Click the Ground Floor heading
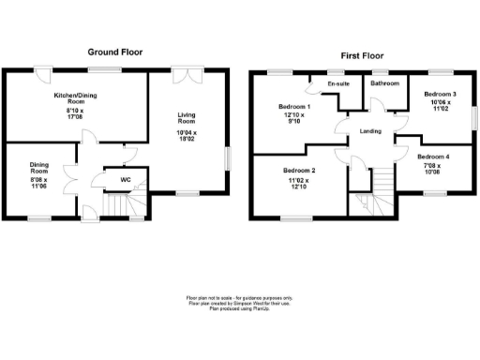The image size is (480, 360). click(x=115, y=52)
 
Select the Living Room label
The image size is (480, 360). click(x=187, y=118)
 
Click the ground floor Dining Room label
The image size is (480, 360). click(x=38, y=169)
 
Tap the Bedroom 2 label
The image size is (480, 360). click(x=299, y=171)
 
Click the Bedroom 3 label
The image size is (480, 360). click(x=439, y=95)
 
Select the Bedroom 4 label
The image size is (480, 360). click(x=433, y=157)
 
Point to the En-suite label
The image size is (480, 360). click(x=338, y=84)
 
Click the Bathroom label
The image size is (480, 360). click(x=384, y=84)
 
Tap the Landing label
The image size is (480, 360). click(x=370, y=131)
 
